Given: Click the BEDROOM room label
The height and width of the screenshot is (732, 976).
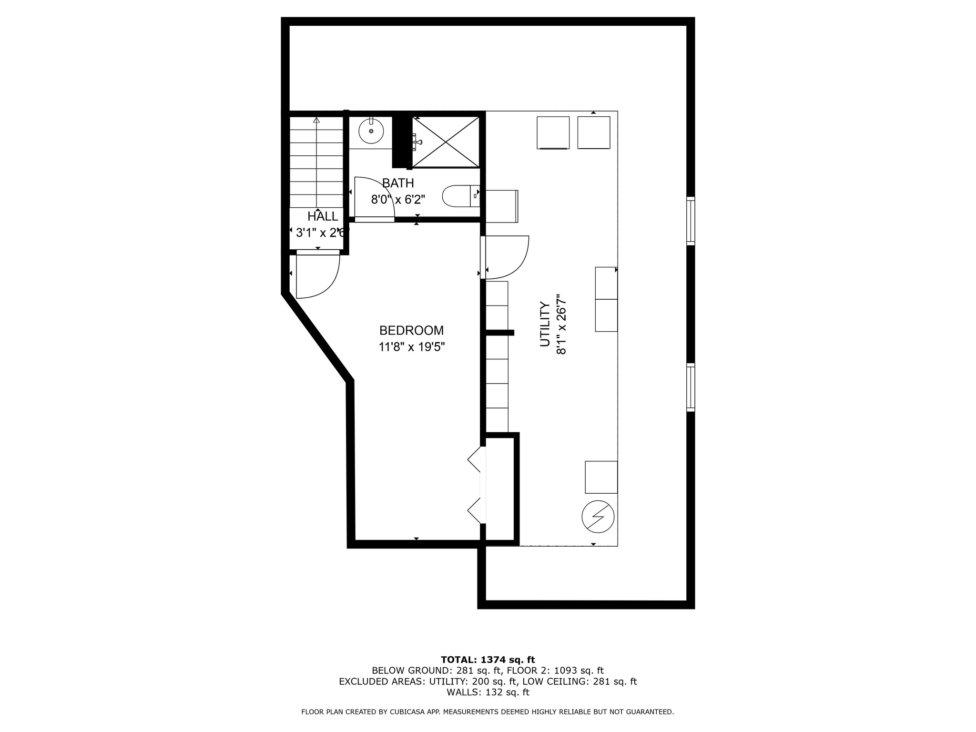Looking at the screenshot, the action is pyautogui.click(x=411, y=330).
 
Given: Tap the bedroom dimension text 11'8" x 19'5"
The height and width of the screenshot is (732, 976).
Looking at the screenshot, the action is pyautogui.click(x=412, y=347).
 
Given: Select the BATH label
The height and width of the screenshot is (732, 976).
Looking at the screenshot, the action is pyautogui.click(x=398, y=183).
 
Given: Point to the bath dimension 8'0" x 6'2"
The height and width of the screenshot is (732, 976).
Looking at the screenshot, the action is pyautogui.click(x=398, y=199).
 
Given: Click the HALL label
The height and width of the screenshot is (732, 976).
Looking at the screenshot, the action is pyautogui.click(x=323, y=216).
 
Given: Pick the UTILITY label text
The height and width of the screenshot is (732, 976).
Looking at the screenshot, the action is pyautogui.click(x=545, y=324).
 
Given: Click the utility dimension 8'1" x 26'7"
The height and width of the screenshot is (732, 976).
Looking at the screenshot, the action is pyautogui.click(x=561, y=324).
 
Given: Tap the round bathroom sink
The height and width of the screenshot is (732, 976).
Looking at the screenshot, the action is pyautogui.click(x=371, y=131).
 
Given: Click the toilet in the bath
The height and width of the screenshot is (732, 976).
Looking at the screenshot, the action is pyautogui.click(x=461, y=196).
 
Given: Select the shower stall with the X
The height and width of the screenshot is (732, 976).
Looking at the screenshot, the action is pyautogui.click(x=446, y=142).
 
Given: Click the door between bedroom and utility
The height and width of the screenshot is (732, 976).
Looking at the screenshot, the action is pyautogui.click(x=505, y=257).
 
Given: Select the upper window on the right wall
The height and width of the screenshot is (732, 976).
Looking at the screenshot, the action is pyautogui.click(x=691, y=221).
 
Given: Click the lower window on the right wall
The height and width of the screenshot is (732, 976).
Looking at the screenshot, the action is pyautogui.click(x=691, y=387).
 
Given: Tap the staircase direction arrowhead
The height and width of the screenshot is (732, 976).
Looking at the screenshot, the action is pyautogui.click(x=316, y=120).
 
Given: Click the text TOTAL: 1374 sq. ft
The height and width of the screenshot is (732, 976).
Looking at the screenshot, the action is pyautogui.click(x=488, y=660).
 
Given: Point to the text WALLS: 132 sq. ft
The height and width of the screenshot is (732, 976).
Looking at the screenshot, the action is pyautogui.click(x=488, y=692).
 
